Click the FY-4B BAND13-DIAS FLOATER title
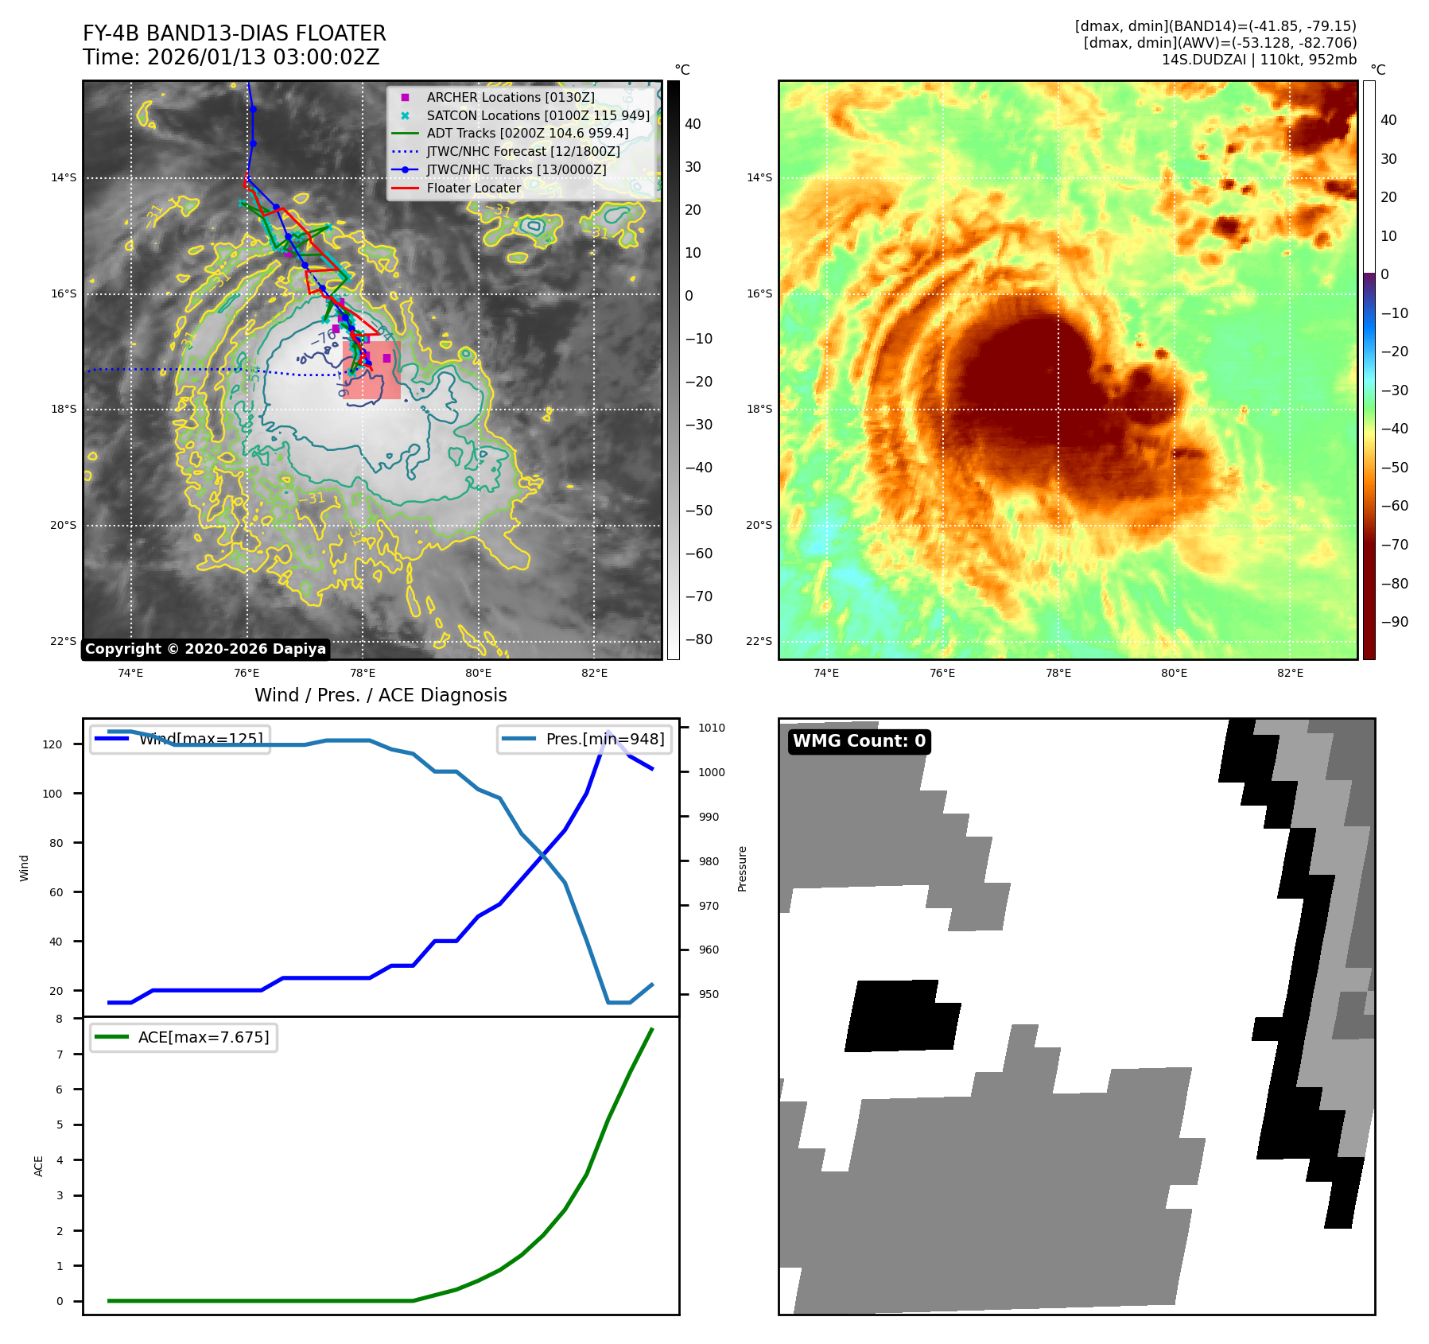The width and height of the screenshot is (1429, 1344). click(234, 33)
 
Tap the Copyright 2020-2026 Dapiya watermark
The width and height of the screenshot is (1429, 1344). click(205, 649)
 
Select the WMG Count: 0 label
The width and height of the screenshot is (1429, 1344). click(859, 741)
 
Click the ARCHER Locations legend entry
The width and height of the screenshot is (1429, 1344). click(510, 97)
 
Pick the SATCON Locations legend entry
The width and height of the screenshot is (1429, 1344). click(538, 115)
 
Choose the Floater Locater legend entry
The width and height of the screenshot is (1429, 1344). click(473, 188)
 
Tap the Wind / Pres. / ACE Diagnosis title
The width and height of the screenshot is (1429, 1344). click(380, 695)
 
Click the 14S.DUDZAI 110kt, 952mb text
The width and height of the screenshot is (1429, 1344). click(1259, 60)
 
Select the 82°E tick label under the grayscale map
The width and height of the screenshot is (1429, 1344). click(594, 673)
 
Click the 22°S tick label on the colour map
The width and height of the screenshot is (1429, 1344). click(759, 641)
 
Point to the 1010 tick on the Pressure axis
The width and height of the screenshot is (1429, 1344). click(711, 728)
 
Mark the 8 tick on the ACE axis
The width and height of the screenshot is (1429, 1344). click(59, 1019)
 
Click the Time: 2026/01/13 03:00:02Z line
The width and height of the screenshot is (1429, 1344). click(231, 57)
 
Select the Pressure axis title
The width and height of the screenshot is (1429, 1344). click(742, 868)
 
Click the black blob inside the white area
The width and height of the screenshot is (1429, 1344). click(901, 1016)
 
